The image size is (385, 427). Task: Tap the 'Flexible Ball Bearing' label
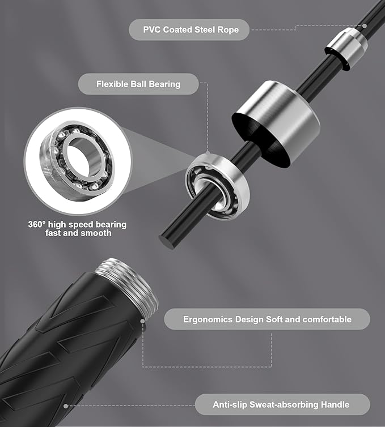pyautogui.click(x=138, y=84)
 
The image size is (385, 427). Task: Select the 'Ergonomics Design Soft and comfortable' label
pyautogui.click(x=267, y=319)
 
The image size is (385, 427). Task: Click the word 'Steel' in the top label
pyautogui.click(x=205, y=29)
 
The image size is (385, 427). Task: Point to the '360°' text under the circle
pyautogui.click(x=37, y=224)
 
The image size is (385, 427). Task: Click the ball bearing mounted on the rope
pyautogui.click(x=217, y=185)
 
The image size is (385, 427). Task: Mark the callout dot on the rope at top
pyautogui.click(x=365, y=26)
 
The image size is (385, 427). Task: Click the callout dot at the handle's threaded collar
pyautogui.click(x=142, y=321)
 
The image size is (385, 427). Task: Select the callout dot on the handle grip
pyautogui.click(x=65, y=406)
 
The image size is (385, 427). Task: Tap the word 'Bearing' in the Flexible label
pyautogui.click(x=164, y=84)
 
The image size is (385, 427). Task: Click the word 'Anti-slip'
pyautogui.click(x=230, y=404)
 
